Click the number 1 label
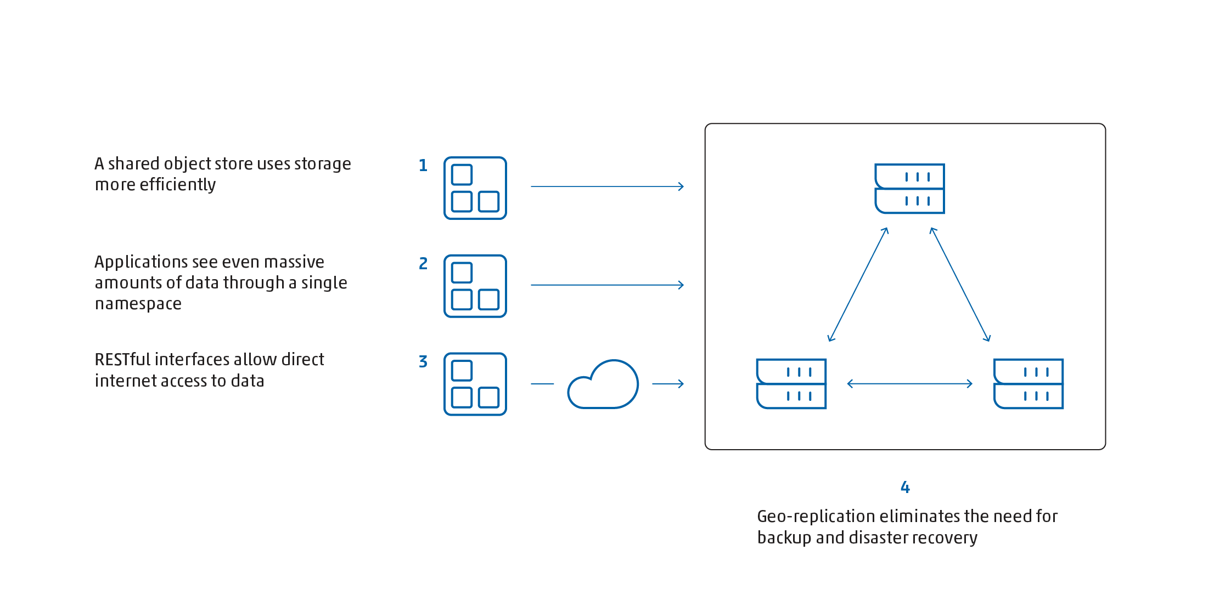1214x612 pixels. [423, 166]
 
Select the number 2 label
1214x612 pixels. [423, 264]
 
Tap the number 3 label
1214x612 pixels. [423, 362]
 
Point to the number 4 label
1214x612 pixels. [905, 487]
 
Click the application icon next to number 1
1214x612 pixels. [475, 188]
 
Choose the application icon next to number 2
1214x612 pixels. [475, 286]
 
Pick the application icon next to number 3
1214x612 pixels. [475, 384]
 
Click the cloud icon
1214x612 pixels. [603, 384]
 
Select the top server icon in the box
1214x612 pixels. [909, 189]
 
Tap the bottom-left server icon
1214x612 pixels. [791, 384]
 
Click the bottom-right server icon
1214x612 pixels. [1028, 384]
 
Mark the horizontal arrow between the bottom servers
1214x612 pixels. [909, 384]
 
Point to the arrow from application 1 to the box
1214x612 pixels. [606, 186]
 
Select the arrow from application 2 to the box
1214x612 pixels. [606, 285]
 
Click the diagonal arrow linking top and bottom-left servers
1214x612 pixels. [858, 285]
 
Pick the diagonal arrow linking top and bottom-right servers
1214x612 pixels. [960, 285]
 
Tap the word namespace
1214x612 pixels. [138, 304]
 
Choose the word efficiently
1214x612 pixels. [178, 185]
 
